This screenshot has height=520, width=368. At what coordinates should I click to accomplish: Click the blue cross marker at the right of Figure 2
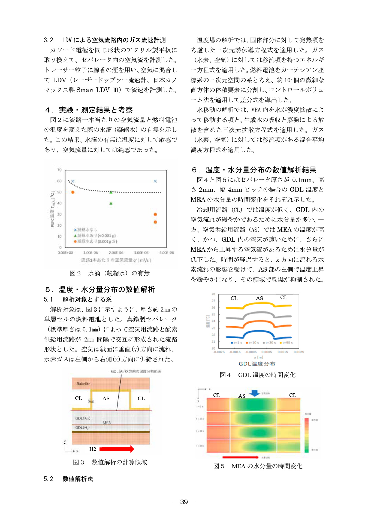coord(155,181)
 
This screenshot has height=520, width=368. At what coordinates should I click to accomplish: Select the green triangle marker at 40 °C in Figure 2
coord(111,203)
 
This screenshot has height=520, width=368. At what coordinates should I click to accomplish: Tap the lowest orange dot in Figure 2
coord(155,222)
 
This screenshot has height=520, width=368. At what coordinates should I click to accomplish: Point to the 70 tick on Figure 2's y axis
coord(59,170)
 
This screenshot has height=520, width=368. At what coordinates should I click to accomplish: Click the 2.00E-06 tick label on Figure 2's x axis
coord(116,253)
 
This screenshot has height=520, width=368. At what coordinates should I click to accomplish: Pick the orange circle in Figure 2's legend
coord(75,241)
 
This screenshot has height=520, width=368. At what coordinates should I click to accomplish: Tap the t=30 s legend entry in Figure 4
coord(269,343)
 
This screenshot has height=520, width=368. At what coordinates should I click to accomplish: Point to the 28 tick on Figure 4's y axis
coord(213,294)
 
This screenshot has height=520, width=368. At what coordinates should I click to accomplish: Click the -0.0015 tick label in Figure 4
coord(235,352)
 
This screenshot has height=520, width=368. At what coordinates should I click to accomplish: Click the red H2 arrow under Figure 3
coord(117,449)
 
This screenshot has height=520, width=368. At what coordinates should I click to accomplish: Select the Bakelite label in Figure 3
coord(83,384)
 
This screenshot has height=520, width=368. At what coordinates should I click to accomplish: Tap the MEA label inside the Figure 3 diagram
coord(107,423)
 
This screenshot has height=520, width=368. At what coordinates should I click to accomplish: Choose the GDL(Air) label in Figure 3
coord(83,418)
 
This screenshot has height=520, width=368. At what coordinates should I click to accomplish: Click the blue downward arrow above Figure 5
coord(255,393)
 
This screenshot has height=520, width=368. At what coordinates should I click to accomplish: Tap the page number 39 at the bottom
coord(184,502)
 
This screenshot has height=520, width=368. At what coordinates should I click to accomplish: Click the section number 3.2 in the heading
coord(49,40)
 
